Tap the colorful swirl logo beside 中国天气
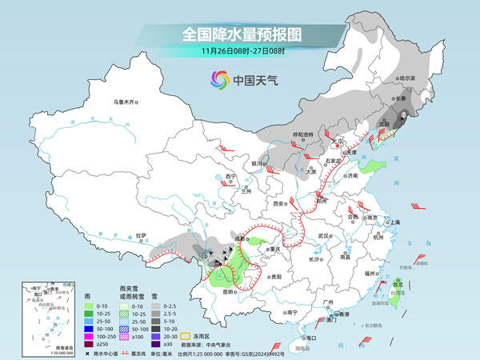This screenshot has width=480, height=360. coord(219,79)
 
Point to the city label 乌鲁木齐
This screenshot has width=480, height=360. coord(126,102)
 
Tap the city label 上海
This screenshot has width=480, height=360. coord(393,222)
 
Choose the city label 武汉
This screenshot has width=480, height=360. coord(323,236)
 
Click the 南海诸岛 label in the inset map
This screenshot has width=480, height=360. coord(37,347)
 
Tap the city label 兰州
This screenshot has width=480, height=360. coord(246,191)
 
